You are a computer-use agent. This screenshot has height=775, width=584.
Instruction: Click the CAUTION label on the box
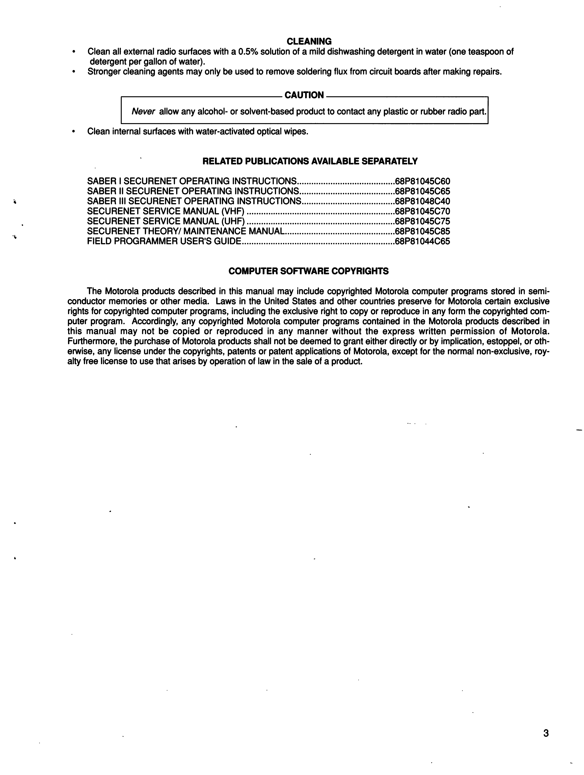coord(304,95)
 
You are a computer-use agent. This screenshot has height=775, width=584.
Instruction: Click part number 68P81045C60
coord(422,182)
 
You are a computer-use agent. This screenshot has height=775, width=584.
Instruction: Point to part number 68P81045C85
coord(422,231)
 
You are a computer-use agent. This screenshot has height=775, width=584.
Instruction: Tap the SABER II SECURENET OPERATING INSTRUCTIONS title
coord(193,191)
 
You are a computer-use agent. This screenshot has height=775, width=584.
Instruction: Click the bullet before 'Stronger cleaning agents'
coord(73,72)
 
